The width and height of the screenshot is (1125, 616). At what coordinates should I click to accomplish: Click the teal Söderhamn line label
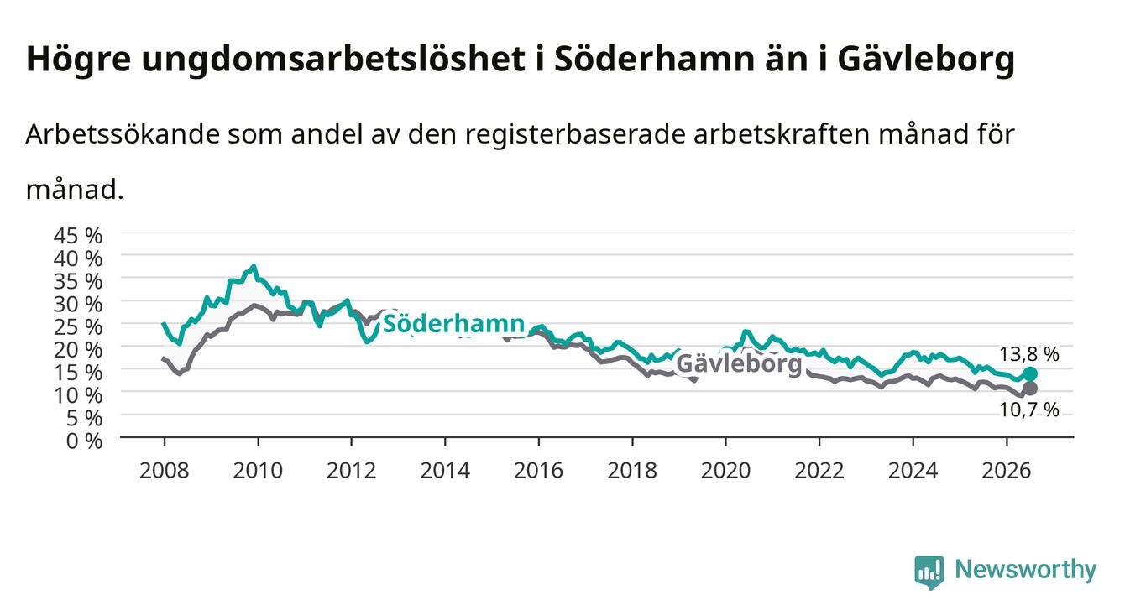click(454, 324)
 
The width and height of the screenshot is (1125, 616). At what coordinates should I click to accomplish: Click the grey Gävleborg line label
click(740, 363)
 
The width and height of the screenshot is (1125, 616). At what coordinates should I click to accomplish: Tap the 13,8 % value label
click(1029, 354)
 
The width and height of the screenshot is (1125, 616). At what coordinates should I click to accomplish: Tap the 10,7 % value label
click(1029, 410)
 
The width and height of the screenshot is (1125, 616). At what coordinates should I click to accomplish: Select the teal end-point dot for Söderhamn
click(1030, 374)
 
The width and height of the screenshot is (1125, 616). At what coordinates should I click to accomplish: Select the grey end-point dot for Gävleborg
click(1030, 388)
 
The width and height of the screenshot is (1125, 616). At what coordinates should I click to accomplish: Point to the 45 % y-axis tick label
click(78, 236)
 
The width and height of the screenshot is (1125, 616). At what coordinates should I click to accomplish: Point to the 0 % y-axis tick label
click(84, 441)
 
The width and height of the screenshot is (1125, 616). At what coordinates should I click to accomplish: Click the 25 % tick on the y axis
click(78, 326)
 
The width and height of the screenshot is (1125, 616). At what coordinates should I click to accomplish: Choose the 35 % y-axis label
click(78, 281)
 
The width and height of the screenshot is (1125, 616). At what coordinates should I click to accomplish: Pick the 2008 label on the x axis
click(164, 471)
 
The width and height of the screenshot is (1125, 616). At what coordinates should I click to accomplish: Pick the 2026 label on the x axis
click(1007, 471)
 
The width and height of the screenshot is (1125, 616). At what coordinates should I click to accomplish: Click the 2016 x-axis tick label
click(538, 471)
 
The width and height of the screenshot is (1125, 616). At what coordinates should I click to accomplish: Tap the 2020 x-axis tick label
click(725, 471)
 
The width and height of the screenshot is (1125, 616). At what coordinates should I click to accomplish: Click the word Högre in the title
click(78, 60)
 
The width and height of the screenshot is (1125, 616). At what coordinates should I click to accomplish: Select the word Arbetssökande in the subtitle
click(123, 134)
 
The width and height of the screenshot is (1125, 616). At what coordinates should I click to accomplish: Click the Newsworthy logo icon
click(929, 572)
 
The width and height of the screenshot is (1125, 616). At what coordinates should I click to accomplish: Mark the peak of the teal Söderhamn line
click(254, 266)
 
